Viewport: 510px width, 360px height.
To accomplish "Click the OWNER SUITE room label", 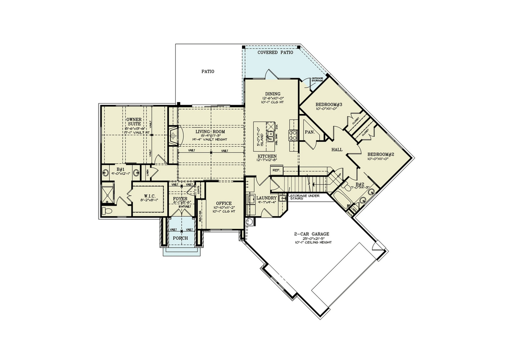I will tap(133, 122).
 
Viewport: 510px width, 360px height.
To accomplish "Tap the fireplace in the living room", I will tap(172, 134).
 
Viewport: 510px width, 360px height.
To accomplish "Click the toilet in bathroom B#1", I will tap(106, 211).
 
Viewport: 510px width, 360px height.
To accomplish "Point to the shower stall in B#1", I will tap(108, 192).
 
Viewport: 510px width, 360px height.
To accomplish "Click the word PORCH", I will tap(180, 238).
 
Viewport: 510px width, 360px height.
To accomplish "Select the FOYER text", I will tap(180, 198).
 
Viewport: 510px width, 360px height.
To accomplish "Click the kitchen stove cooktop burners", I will tap(293, 134).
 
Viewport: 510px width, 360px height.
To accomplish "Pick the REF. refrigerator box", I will tap(277, 170).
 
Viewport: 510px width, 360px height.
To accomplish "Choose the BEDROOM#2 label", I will tap(381, 155).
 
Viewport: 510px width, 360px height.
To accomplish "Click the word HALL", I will tap(337, 149).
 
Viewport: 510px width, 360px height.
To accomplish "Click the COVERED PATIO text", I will tap(274, 52).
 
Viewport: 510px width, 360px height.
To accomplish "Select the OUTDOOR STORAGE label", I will tap(317, 80).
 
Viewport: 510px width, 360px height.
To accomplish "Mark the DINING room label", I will tap(272, 94).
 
